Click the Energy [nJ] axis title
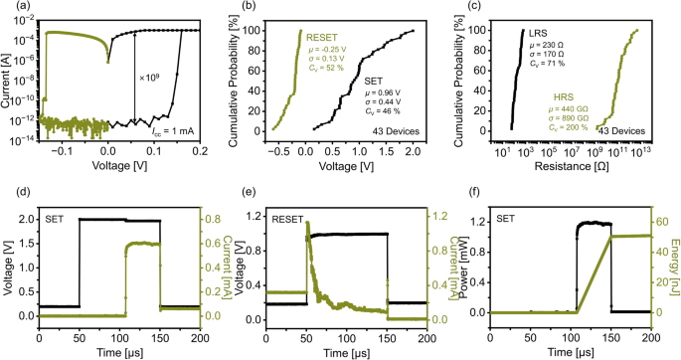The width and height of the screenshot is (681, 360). tap(675, 259)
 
